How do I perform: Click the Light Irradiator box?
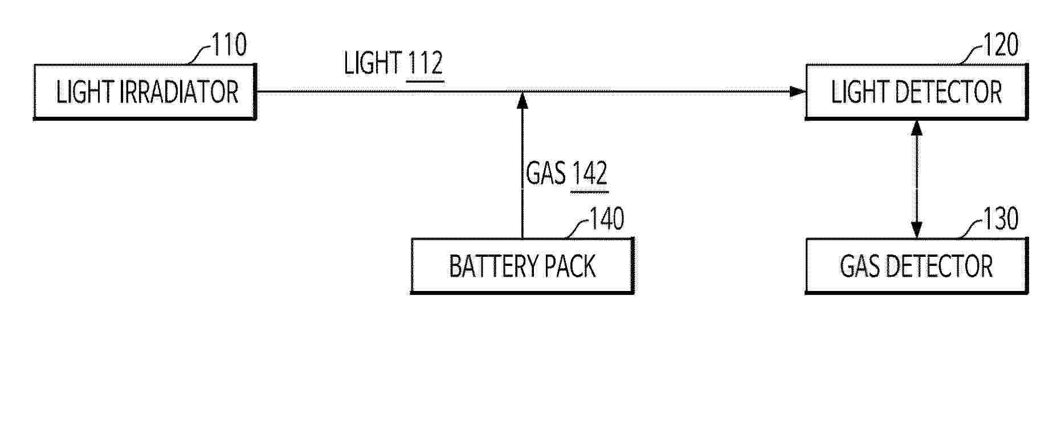(145, 92)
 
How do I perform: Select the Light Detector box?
(916, 92)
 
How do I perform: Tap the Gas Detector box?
(916, 266)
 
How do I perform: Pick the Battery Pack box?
(522, 266)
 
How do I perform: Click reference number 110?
(229, 45)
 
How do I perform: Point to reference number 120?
(1001, 45)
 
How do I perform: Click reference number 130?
(1001, 219)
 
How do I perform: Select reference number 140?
(606, 219)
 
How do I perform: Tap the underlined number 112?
(425, 64)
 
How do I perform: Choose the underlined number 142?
(589, 174)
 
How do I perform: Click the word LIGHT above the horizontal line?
(373, 63)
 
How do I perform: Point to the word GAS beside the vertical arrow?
(546, 173)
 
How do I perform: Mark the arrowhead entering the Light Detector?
(797, 92)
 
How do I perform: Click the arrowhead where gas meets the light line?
(522, 100)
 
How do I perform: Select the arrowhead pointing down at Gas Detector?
(916, 230)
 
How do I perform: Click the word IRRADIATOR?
(179, 92)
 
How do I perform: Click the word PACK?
(570, 266)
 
